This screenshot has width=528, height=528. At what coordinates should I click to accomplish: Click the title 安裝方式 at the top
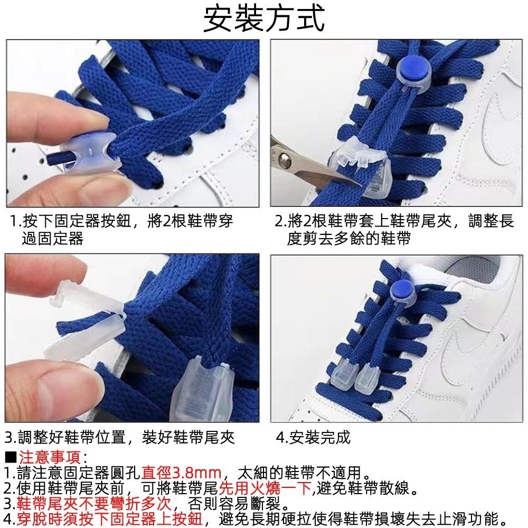click(x=264, y=20)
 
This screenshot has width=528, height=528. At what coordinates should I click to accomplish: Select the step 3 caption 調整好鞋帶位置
click(x=119, y=438)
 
